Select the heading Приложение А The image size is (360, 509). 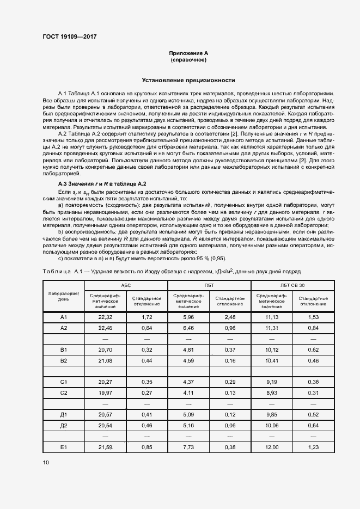(x=188, y=53)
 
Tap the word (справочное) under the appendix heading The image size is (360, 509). (x=188, y=59)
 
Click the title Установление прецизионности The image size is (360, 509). (x=188, y=80)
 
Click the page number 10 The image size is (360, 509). (x=45, y=463)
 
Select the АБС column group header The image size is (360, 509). (x=126, y=285)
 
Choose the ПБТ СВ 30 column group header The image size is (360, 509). (x=292, y=285)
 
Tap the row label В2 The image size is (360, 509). (x=63, y=360)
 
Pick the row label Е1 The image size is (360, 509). (x=63, y=447)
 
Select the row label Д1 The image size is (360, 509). (x=63, y=415)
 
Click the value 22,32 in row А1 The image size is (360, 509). (x=105, y=317)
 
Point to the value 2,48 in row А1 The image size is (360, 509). (x=229, y=317)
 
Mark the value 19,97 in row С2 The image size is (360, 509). (x=105, y=393)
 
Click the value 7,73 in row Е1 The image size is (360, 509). (x=188, y=447)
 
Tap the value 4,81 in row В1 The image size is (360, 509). (x=188, y=349)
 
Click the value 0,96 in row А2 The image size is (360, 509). (x=229, y=328)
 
